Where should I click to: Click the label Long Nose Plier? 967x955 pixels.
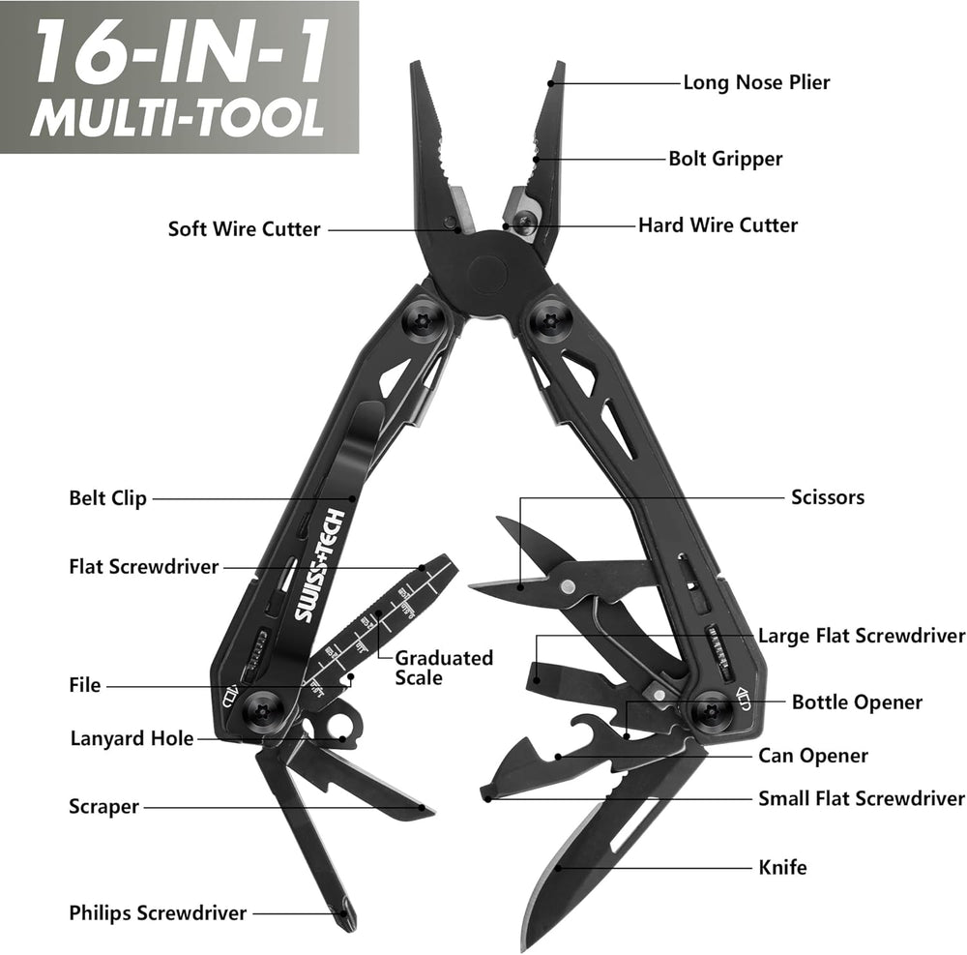click(x=756, y=82)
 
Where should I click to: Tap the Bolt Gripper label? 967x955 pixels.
click(x=725, y=159)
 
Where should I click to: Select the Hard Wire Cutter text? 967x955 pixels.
click(x=718, y=224)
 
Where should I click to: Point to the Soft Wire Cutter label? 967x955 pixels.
click(x=245, y=229)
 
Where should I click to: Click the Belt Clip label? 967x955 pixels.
click(x=108, y=498)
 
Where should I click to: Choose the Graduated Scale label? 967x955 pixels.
click(x=444, y=668)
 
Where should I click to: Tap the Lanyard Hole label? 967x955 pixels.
click(x=132, y=738)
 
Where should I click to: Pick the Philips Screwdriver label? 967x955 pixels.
click(x=158, y=912)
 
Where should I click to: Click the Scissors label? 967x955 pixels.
click(x=828, y=496)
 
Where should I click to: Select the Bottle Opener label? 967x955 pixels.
click(x=857, y=702)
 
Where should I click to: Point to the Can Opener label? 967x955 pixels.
click(x=813, y=755)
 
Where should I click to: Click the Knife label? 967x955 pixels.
click(x=782, y=867)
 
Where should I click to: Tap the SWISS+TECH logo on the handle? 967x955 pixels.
click(x=318, y=566)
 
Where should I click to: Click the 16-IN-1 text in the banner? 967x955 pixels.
click(x=180, y=53)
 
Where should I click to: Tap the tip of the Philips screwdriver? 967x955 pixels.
click(x=350, y=927)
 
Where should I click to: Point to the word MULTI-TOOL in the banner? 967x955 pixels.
click(x=178, y=117)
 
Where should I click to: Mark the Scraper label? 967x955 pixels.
click(x=103, y=806)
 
